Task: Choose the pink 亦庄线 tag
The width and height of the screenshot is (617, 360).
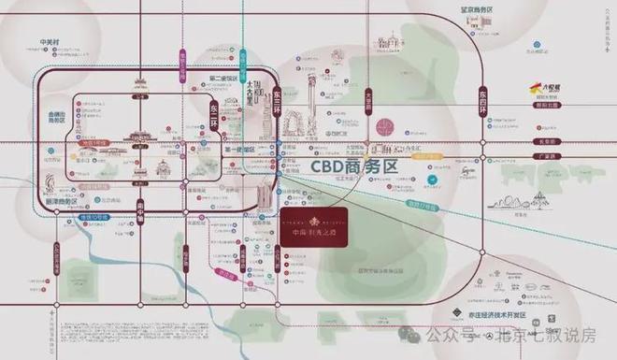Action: point(224,273)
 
